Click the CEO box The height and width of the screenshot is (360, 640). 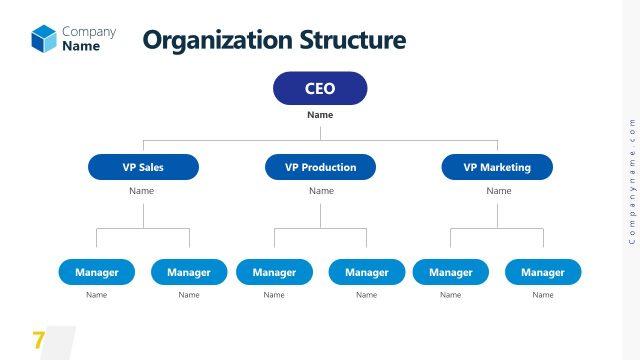pos(320,89)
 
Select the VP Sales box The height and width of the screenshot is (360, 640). pos(143,167)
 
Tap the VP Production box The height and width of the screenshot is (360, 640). pos(320,167)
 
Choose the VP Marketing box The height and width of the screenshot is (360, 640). pos(497,167)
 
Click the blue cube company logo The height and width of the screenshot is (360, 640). pos(44,38)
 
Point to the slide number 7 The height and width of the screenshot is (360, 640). pos(39,340)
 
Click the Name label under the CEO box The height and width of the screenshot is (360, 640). pos(320,115)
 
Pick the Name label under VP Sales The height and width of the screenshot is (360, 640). pos(142,191)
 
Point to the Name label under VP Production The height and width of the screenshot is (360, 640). pos(320,191)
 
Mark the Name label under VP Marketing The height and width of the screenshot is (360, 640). pos(498,191)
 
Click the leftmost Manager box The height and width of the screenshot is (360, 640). pos(97,272)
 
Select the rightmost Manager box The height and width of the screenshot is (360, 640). pos(543,272)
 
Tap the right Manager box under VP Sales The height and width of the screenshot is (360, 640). pos(189,272)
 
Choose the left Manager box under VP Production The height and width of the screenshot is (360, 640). pos(274,272)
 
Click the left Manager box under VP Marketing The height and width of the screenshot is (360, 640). pos(451,272)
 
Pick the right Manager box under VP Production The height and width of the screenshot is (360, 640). pos(367,272)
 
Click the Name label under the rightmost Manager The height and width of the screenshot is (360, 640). pos(543,295)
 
